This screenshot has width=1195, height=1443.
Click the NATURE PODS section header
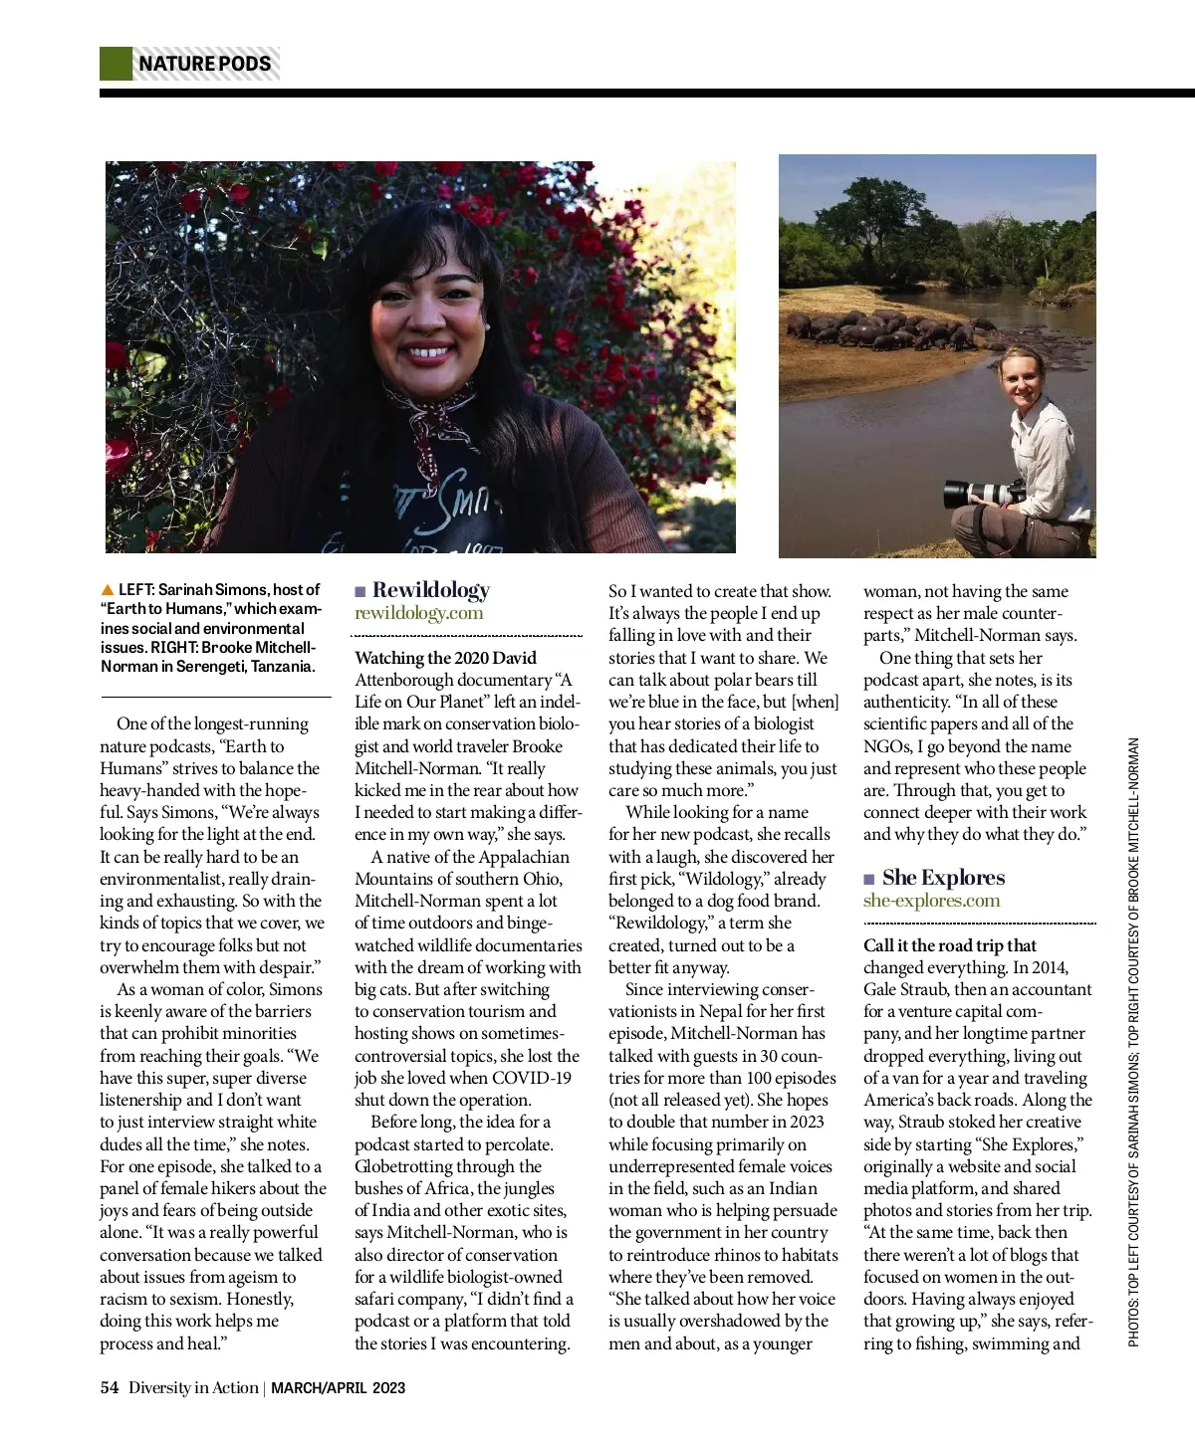coord(204,64)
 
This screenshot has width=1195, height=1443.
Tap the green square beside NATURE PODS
coord(116,64)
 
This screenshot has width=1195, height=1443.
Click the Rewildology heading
coord(431,590)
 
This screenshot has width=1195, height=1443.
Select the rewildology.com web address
coord(418,613)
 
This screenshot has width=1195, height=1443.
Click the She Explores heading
coord(943,878)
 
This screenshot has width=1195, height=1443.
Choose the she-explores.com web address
coord(931,901)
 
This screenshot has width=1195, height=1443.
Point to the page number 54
coord(110,1387)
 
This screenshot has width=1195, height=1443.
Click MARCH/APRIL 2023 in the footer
coord(339,1387)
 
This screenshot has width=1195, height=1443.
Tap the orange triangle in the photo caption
coord(108,590)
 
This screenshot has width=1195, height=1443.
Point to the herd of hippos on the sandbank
coord(876,331)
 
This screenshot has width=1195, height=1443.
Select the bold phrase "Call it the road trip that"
coord(949,945)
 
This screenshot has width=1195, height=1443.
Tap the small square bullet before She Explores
coord(869,879)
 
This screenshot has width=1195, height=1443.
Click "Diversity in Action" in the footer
coord(193,1387)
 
